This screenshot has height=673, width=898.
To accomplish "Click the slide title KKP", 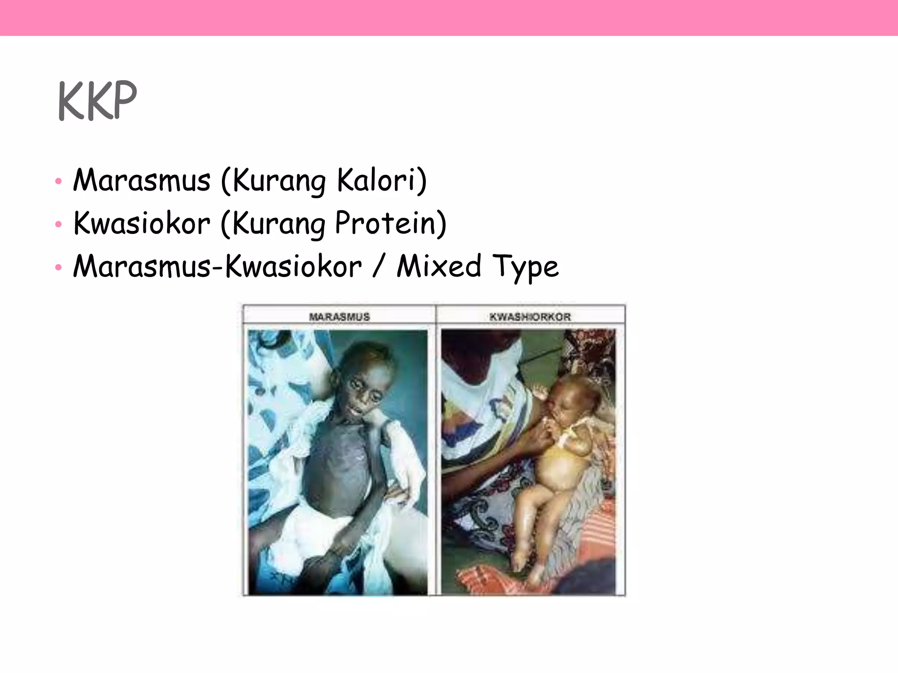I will [97, 101].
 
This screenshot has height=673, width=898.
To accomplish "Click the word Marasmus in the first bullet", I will [142, 181].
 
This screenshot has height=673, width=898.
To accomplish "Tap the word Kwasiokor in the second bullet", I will [142, 223].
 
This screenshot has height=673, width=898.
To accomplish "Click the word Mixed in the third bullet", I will [439, 266].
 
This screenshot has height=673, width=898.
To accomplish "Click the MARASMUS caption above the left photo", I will [339, 317].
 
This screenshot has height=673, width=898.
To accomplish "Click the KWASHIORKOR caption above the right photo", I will [530, 317].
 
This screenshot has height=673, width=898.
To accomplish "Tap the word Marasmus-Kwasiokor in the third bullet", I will [217, 266].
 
